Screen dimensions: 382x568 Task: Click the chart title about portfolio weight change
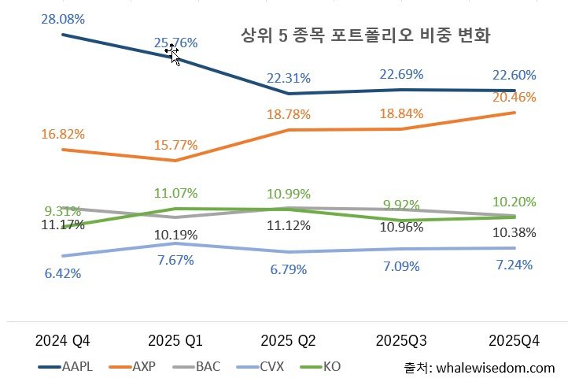tap(366, 36)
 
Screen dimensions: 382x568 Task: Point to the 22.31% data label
tap(288, 78)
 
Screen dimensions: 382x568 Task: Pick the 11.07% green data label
tap(175, 193)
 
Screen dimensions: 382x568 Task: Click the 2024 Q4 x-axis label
tap(63, 340)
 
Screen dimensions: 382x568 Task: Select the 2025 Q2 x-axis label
tap(288, 340)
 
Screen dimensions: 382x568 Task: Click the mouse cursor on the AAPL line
tap(173, 54)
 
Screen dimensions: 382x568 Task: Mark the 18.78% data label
tap(288, 115)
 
